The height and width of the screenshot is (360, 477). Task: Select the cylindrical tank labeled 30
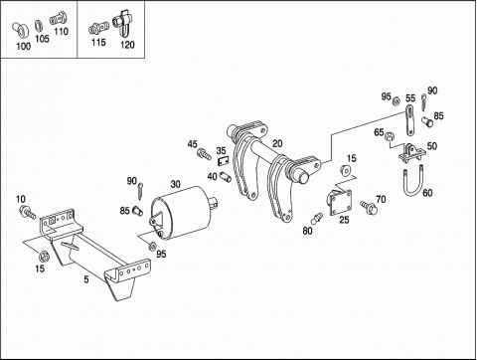pos(183,213)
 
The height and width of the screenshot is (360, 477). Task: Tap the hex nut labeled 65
pos(389,136)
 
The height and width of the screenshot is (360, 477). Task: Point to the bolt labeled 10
pos(28,212)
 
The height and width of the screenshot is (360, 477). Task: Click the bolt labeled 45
pos(204,154)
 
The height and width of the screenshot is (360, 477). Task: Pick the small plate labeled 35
pos(224,161)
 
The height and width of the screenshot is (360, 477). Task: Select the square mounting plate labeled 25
pos(340,203)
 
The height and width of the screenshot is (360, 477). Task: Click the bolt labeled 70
pos(369,207)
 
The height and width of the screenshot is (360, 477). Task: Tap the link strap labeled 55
pos(410,120)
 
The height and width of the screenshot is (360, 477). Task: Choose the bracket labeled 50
pos(412,153)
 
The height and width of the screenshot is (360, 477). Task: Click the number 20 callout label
pos(277,143)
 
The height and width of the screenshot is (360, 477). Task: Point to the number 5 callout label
pos(86,279)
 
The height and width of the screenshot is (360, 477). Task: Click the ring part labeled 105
pos(39,25)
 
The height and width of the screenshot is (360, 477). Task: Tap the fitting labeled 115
pos(98,28)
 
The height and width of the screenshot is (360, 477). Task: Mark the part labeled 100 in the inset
pos(21,30)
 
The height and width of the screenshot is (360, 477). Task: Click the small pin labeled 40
pos(226,177)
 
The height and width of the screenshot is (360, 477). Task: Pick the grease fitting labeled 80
pos(317,218)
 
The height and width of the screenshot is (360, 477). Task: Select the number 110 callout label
pos(62,32)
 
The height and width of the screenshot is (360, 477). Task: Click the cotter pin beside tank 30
pos(140,192)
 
